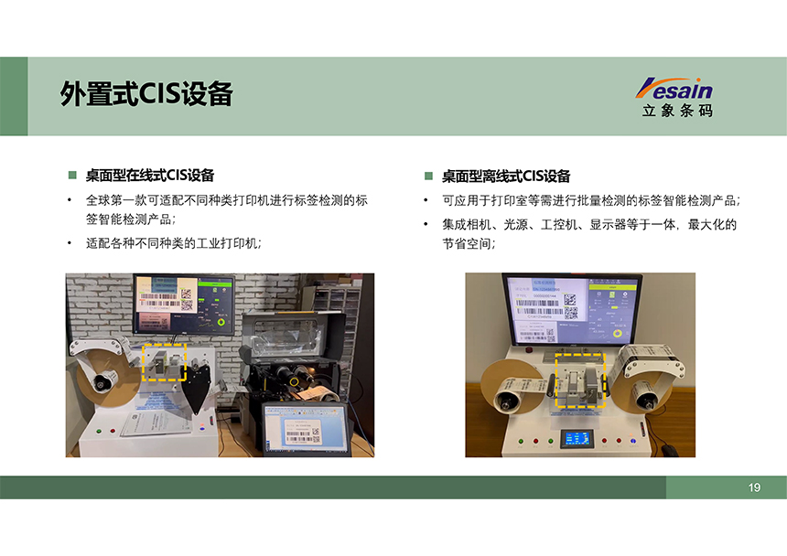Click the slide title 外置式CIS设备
click(146, 94)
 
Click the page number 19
click(754, 487)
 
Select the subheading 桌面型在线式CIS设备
click(150, 175)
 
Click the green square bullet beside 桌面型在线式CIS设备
click(71, 175)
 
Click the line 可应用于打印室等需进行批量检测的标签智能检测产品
click(590, 201)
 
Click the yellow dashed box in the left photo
click(165, 363)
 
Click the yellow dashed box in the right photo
click(580, 381)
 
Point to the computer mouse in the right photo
click(672, 449)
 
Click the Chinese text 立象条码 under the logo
click(677, 111)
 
